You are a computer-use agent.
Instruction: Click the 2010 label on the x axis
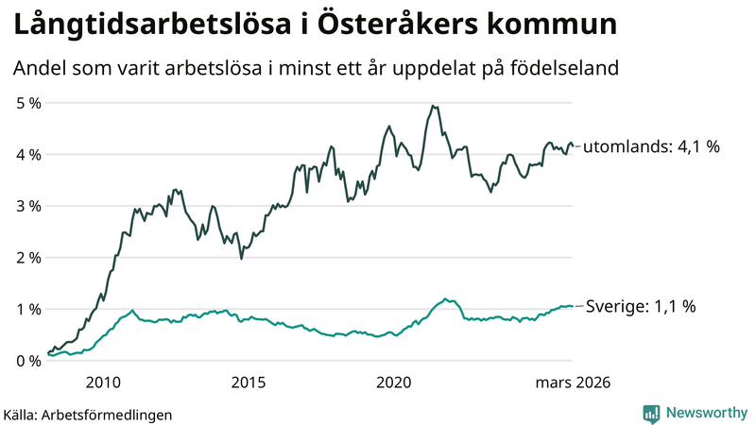103,382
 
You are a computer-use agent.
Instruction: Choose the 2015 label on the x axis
249,382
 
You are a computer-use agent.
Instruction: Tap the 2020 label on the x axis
394,382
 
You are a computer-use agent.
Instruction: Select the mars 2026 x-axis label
572,382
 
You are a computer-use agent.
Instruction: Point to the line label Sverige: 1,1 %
641,306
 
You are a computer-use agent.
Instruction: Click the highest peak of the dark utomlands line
432,106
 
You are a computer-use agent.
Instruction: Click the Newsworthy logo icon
651,413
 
